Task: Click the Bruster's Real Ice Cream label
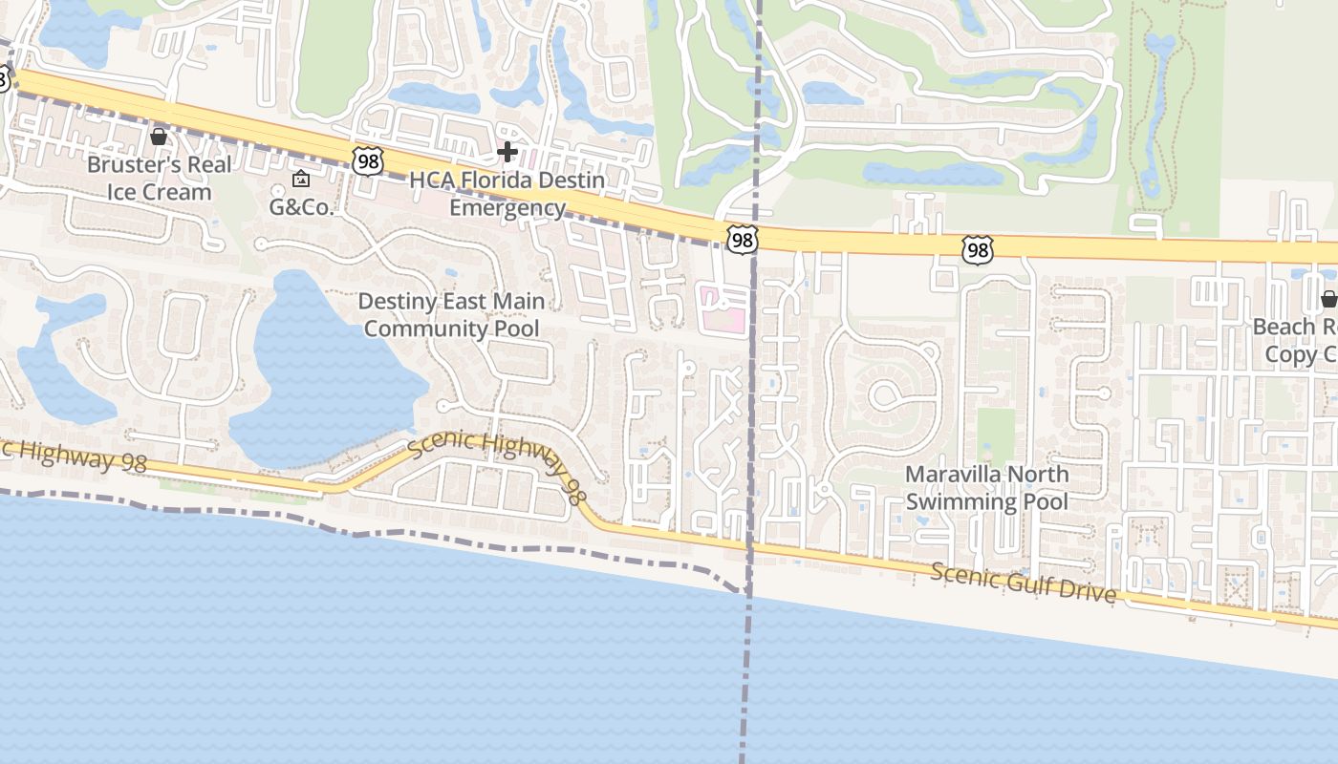[x=159, y=179]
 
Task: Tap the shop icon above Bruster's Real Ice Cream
[x=159, y=138]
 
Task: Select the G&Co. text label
[x=301, y=205]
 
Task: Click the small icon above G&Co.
[x=301, y=179]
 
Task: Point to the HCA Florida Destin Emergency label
[x=507, y=194]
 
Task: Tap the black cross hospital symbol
[x=507, y=151]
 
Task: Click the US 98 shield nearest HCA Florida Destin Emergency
[x=367, y=160]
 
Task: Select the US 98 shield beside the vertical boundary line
[x=742, y=239]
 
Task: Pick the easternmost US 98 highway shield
[x=978, y=250]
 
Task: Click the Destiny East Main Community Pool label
[x=451, y=315]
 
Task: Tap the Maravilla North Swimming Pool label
[x=987, y=488]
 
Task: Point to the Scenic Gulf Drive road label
[x=1023, y=584]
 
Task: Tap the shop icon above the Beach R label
[x=1328, y=299]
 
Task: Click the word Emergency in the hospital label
[x=507, y=208]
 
